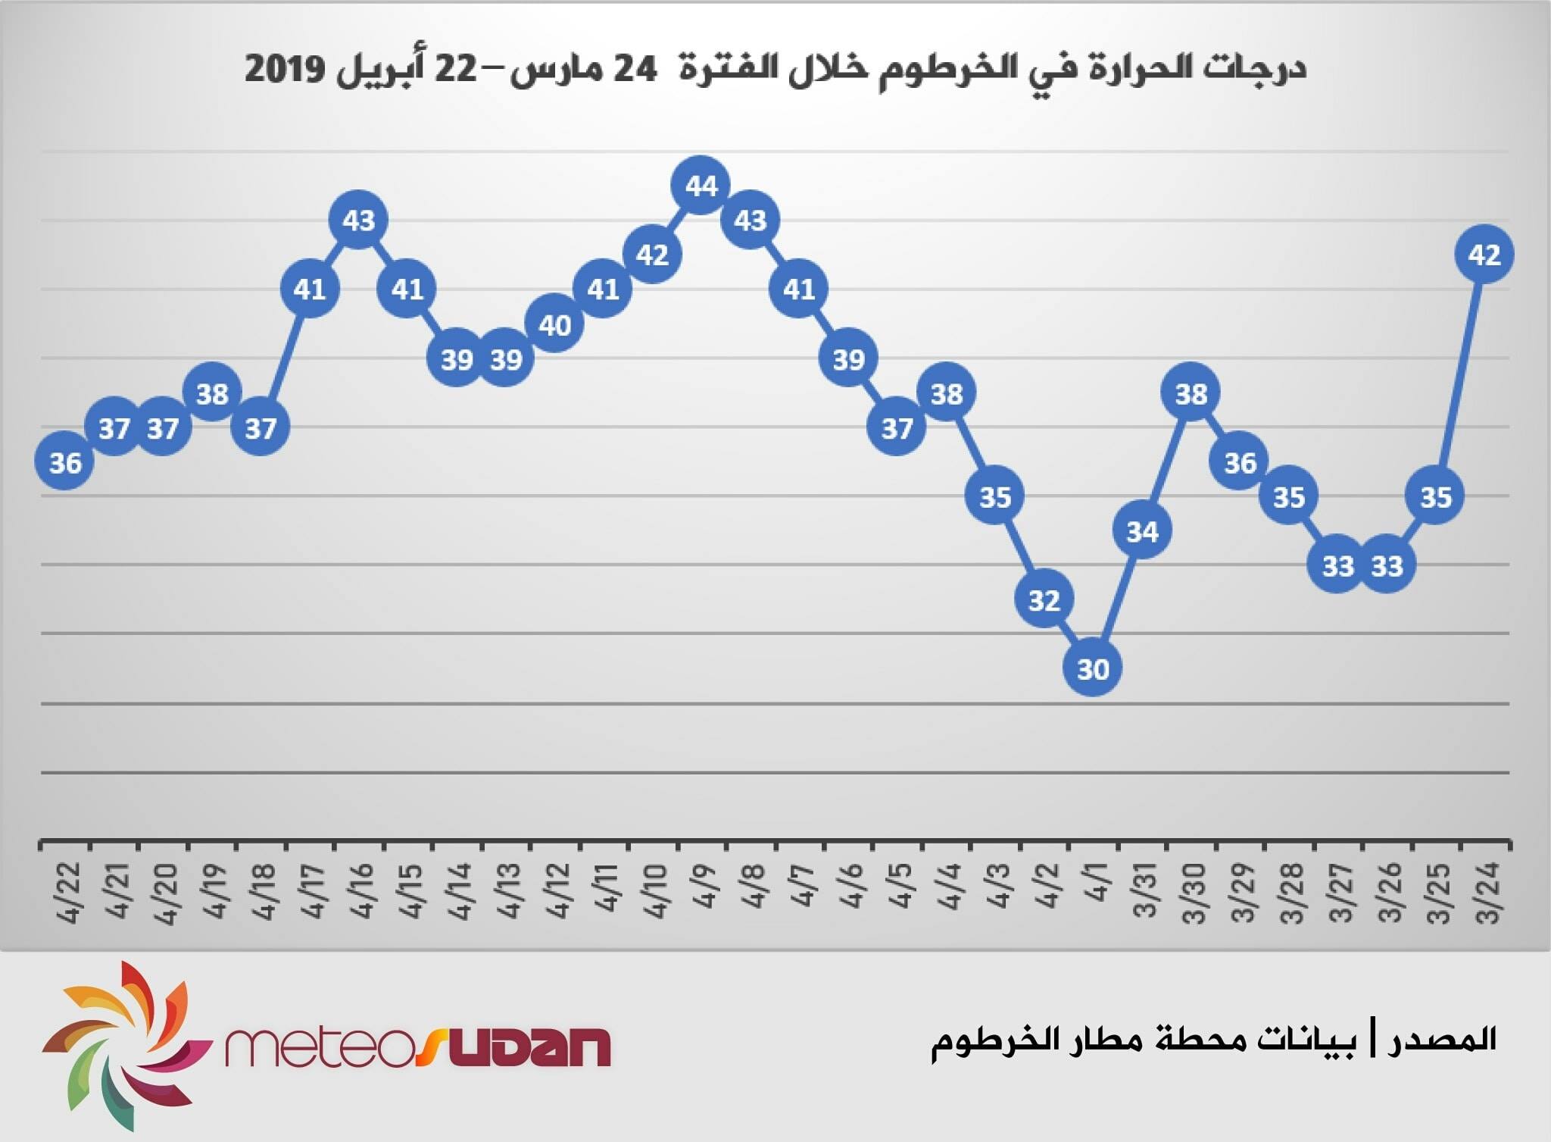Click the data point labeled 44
(701, 185)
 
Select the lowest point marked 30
(1093, 668)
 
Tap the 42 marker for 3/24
(1484, 255)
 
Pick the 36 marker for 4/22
(65, 461)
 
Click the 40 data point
(554, 324)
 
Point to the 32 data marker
(1044, 599)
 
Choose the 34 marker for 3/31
(1142, 530)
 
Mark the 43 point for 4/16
(359, 220)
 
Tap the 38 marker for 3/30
(1191, 393)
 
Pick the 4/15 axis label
(411, 890)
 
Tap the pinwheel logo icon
(126, 1045)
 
